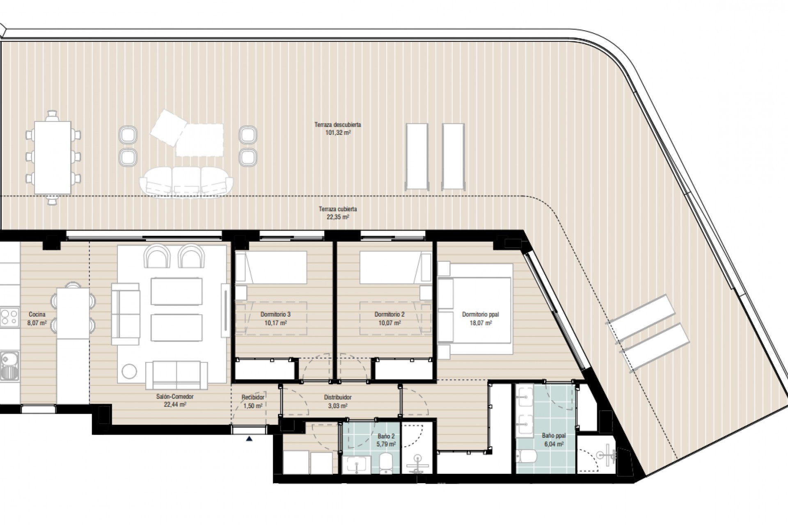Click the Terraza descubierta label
337,125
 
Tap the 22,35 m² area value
337,217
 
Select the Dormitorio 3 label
275,315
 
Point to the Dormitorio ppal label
480,315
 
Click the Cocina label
37,315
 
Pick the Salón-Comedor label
174,397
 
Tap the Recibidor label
253,397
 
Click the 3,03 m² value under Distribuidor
337,406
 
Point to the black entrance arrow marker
249,439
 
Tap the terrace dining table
52,157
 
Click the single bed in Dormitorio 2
390,267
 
